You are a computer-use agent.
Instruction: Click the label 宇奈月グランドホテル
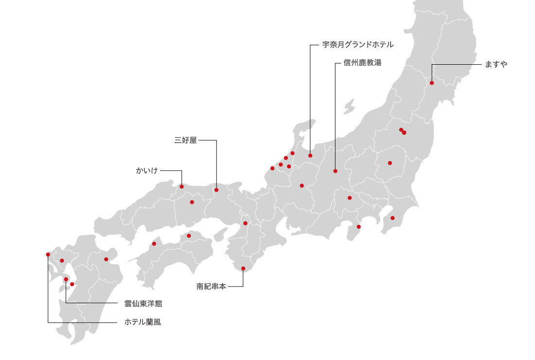[358, 45]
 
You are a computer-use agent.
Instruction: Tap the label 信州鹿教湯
[362, 63]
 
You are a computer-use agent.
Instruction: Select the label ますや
[496, 64]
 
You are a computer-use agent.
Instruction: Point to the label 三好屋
[185, 141]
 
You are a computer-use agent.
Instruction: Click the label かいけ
[147, 171]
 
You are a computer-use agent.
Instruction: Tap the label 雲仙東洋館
[143, 304]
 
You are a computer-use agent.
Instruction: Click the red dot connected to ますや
[431, 83]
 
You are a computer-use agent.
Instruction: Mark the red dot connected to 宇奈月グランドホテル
[310, 156]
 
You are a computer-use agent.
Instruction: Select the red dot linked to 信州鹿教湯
[335, 171]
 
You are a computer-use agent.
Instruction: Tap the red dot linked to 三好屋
[216, 190]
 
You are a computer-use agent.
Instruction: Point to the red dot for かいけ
[181, 186]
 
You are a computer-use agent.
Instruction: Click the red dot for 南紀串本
[243, 269]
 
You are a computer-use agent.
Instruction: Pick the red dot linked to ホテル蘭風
[48, 254]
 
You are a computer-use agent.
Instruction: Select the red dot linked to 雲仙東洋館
[66, 279]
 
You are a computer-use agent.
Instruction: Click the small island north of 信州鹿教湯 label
[349, 107]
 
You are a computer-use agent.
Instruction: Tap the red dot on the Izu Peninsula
[359, 227]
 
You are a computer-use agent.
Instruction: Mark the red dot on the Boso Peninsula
[392, 217]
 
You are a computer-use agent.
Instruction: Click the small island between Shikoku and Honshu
[220, 233]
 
